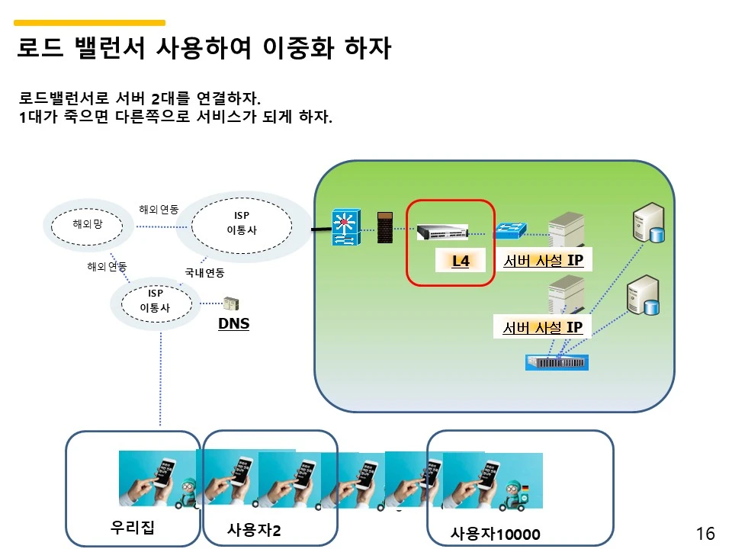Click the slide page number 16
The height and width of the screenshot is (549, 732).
pos(705,534)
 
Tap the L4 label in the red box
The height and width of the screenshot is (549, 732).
pos(461,262)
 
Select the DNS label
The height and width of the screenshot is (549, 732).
pos(233,324)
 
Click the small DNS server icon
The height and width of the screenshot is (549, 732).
pos(230,304)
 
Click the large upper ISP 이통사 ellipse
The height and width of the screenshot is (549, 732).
pos(242,223)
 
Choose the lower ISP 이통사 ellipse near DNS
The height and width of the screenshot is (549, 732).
pos(155,301)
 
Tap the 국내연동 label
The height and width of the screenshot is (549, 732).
pos(204,272)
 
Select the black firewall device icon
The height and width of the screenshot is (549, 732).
pos(386,227)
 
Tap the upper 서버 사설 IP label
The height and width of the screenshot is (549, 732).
pos(543,261)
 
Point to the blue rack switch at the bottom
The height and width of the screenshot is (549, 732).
pos(557,362)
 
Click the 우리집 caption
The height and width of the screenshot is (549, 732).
pos(133,528)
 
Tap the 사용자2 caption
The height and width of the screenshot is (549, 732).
pos(254,530)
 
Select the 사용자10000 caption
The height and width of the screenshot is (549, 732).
pos(495,535)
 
